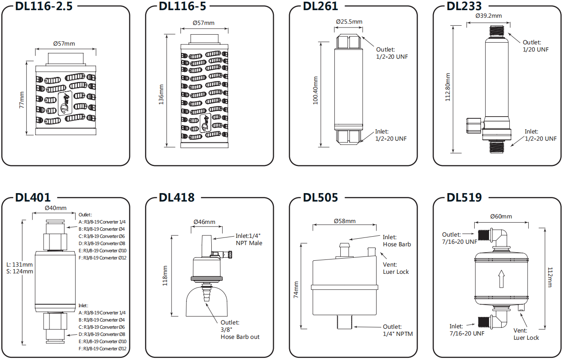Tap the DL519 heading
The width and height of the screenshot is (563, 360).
click(464, 197)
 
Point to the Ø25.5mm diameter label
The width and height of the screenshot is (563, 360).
click(349, 22)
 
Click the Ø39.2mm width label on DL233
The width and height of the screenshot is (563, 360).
click(488, 16)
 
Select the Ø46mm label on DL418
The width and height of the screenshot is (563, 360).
click(204, 222)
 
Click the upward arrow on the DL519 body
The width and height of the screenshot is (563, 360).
click(501, 279)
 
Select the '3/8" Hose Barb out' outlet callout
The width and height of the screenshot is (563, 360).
click(240, 330)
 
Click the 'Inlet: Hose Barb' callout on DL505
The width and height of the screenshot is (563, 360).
click(396, 241)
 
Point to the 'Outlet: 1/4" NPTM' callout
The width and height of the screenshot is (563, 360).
click(397, 330)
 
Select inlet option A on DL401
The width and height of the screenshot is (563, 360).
click(102, 313)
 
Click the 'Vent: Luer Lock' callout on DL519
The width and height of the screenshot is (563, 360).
click(526, 334)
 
